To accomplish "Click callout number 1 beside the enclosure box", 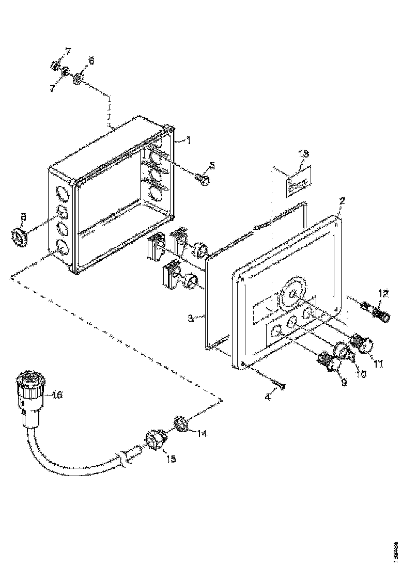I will [189, 140].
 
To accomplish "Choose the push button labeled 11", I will [364, 343].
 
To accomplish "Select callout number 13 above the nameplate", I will [304, 154].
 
